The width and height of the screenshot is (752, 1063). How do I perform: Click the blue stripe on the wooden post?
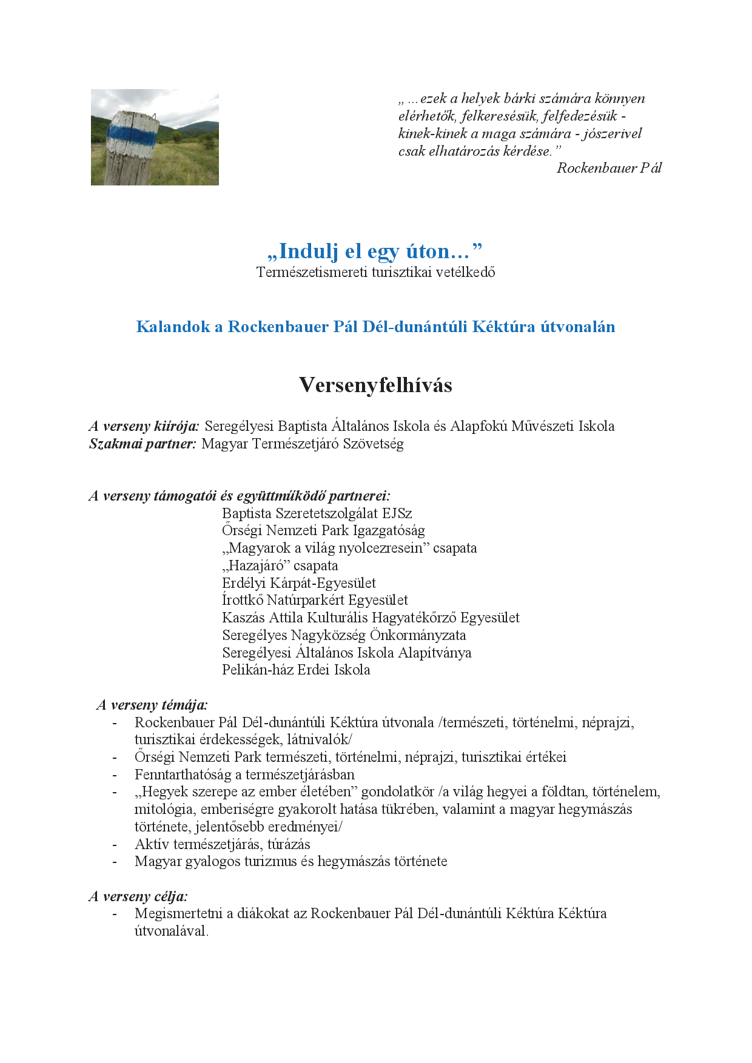pyautogui.click(x=130, y=135)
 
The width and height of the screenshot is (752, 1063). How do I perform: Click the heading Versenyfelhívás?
pyautogui.click(x=375, y=385)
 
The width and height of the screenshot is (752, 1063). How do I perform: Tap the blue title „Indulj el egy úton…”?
pyautogui.click(x=375, y=251)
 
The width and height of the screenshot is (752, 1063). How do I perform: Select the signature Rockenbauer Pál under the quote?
pyautogui.click(x=608, y=168)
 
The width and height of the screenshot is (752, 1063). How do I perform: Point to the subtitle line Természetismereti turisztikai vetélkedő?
pyautogui.click(x=375, y=273)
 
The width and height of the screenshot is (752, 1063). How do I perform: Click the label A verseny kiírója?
pyautogui.click(x=144, y=426)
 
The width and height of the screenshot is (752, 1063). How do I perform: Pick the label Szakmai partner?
pyautogui.click(x=143, y=444)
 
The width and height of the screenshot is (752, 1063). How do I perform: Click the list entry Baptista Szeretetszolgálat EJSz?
pyautogui.click(x=317, y=513)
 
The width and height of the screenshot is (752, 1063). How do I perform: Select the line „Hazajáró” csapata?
pyautogui.click(x=280, y=566)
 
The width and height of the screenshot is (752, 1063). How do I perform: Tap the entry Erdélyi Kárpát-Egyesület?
pyautogui.click(x=298, y=583)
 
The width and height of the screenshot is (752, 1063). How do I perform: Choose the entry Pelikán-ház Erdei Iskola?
pyautogui.click(x=296, y=670)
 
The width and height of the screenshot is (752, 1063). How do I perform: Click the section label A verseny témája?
pyautogui.click(x=152, y=705)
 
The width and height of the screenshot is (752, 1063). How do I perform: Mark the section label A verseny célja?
pyautogui.click(x=138, y=896)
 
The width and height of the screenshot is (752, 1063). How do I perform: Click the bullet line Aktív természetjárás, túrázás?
pyautogui.click(x=222, y=844)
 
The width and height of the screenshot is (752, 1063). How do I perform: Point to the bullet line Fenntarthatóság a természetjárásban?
pyautogui.click(x=244, y=775)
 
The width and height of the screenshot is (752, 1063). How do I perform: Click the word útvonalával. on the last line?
pyautogui.click(x=172, y=931)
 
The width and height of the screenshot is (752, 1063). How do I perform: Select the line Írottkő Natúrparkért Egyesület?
pyautogui.click(x=315, y=600)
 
